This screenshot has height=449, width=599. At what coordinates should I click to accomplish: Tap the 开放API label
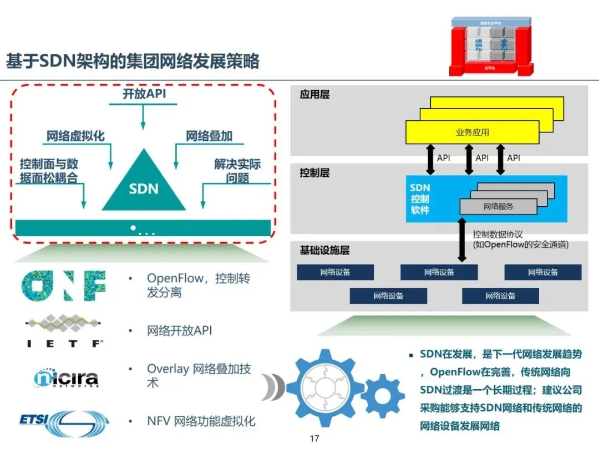coord(144,94)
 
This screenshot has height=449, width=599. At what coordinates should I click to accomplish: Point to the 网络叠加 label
coord(209,136)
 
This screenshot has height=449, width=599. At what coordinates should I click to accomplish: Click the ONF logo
coord(63,285)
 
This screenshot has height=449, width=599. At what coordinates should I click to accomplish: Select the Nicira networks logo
coord(66,378)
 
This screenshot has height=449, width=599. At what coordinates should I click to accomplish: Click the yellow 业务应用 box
coord(472,132)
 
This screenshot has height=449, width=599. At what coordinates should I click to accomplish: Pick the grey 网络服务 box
coord(498,206)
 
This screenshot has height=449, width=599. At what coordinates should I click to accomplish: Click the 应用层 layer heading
coord(314,95)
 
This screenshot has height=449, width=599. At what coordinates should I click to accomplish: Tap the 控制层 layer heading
coord(314,173)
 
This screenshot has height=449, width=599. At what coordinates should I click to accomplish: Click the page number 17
coord(314,439)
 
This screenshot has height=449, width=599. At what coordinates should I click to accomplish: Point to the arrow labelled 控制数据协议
coord(461,239)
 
